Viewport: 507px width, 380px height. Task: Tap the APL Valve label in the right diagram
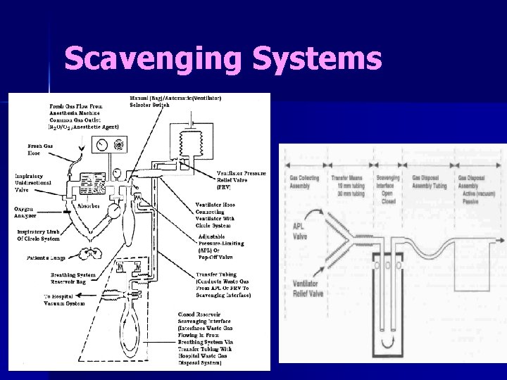(299, 231)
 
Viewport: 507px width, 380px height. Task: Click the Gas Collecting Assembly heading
(304, 182)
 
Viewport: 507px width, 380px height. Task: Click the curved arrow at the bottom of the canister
(384, 344)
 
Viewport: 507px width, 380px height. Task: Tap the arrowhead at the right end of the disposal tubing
(501, 241)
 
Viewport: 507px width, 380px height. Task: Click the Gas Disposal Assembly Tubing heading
(430, 182)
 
